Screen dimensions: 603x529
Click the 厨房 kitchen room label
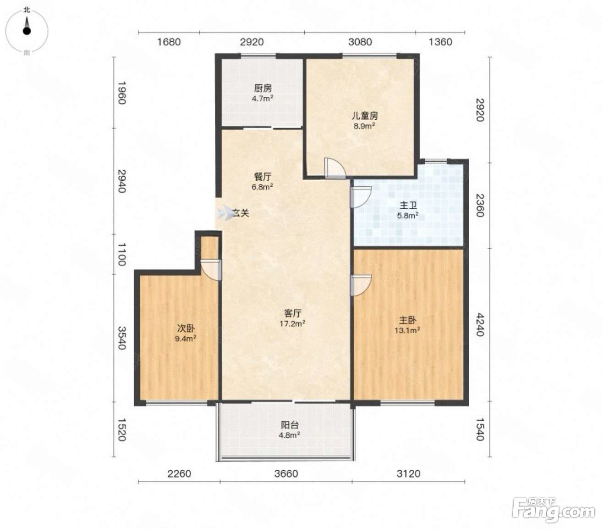(263, 88)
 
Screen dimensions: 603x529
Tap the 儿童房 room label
(365, 116)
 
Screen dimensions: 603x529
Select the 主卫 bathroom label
(408, 206)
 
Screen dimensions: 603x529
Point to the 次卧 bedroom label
(186, 328)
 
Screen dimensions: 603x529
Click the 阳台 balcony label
(289, 425)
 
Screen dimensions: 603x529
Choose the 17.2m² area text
(292, 323)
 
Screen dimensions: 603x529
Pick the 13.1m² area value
(407, 330)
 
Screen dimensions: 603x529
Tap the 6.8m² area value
(262, 187)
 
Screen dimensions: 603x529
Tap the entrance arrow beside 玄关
(225, 213)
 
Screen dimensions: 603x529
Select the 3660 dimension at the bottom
(286, 473)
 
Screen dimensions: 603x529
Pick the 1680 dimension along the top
(169, 42)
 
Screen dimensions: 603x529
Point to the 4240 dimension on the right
(480, 324)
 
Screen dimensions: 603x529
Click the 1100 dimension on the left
(122, 254)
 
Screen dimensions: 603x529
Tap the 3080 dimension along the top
(360, 42)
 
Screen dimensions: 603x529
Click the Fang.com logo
(554, 510)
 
